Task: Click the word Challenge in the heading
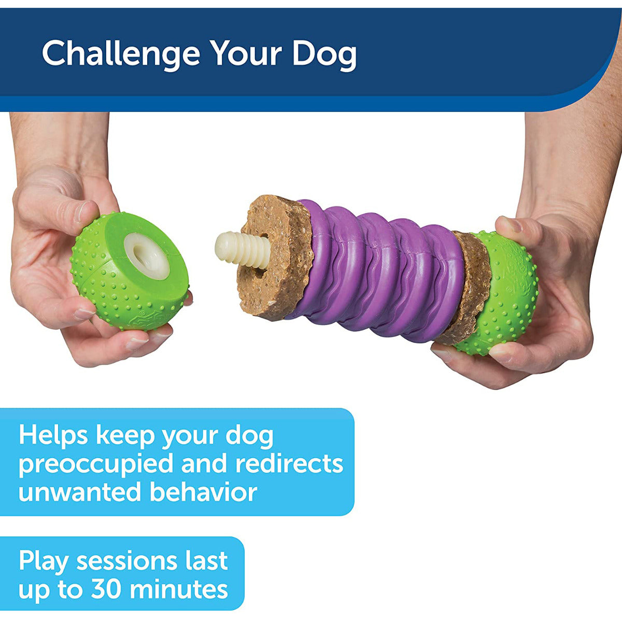click(121, 53)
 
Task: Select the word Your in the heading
click(247, 53)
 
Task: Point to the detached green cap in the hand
click(129, 271)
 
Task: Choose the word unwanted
click(80, 492)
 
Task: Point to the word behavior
click(203, 491)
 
